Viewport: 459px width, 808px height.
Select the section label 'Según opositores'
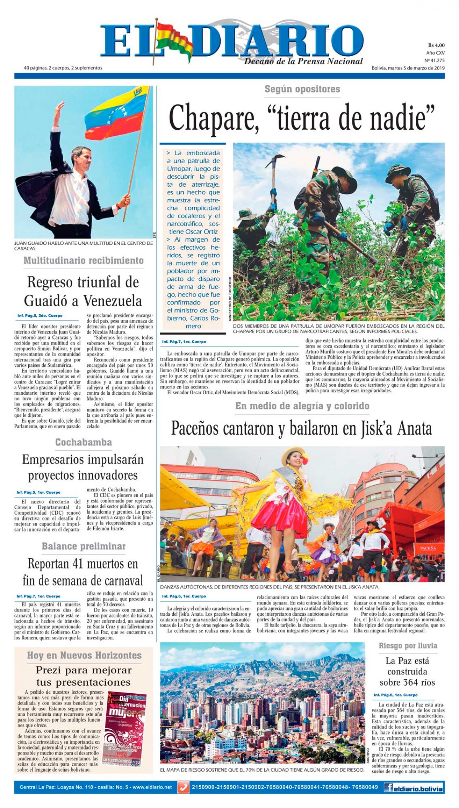point(302,89)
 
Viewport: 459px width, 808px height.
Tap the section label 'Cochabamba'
point(83,442)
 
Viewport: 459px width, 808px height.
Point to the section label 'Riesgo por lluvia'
point(408,646)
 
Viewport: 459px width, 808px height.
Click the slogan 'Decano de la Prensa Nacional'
point(304,61)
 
